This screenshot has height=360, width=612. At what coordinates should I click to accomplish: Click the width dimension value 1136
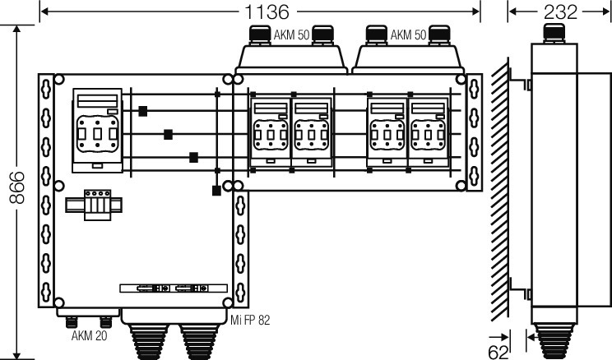pos(267,12)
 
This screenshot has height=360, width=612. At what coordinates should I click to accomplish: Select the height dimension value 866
pos(17,187)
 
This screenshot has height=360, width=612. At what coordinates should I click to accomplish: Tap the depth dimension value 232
pos(560,12)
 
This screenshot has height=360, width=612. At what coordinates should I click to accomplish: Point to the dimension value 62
pos(498,353)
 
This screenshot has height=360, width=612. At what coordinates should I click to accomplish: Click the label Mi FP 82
pos(250,321)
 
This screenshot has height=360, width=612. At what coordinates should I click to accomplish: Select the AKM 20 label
pos(89,335)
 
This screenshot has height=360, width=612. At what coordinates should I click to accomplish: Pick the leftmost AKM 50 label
pos(291,35)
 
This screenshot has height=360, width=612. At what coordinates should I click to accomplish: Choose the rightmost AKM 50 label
pos(408,35)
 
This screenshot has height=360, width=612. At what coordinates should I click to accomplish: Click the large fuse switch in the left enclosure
pos(98,130)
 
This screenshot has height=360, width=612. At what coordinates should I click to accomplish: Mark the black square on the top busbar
pos(143,111)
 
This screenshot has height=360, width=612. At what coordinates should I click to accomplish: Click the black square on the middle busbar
pos(169,135)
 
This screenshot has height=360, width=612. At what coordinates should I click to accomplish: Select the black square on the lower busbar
pos(193,158)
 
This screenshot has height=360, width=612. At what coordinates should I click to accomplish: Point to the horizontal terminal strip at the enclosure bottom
pos(174,288)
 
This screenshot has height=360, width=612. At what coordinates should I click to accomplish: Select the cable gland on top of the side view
pos(554,34)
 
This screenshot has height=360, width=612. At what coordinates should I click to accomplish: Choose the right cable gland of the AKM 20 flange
pos(106,322)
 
